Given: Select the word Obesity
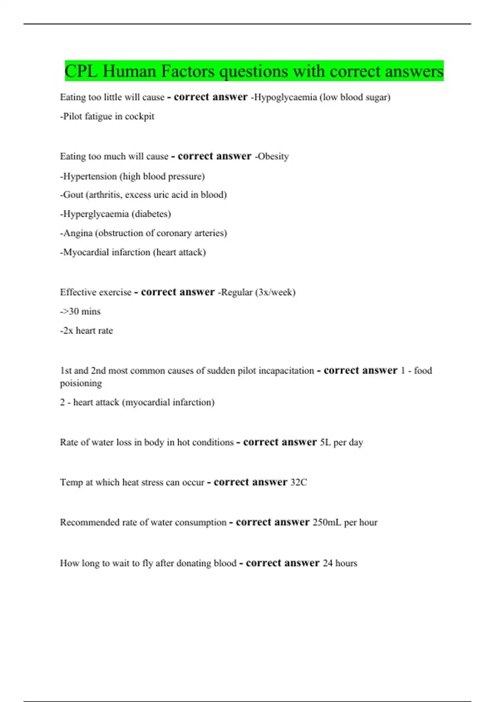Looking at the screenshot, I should [x=273, y=157].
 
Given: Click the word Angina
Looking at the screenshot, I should [x=78, y=233].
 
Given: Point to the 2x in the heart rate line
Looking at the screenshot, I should [x=68, y=331].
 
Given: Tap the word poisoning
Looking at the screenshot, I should [x=81, y=383].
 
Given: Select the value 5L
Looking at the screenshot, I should [x=325, y=442].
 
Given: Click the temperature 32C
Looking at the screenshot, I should [x=299, y=482].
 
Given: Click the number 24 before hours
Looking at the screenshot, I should [x=328, y=563].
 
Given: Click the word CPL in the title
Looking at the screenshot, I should [x=81, y=71].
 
